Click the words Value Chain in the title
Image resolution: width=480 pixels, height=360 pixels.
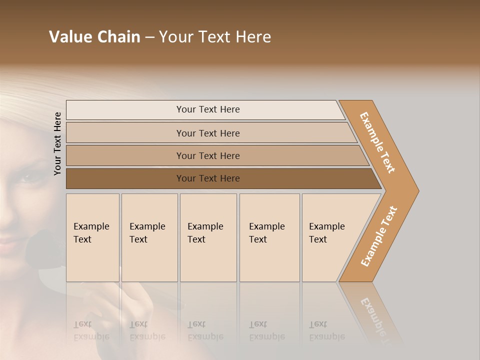point(94,37)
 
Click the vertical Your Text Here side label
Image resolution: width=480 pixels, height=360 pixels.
point(57,143)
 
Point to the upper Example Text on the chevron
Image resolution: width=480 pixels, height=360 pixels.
point(377,142)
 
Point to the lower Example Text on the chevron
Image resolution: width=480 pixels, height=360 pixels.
point(379,236)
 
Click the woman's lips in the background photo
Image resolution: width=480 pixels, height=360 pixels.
point(10,243)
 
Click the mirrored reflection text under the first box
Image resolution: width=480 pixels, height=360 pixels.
point(91,330)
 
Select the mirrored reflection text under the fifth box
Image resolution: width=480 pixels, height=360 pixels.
point(326,330)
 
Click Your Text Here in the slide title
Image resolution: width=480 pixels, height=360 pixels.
point(215,37)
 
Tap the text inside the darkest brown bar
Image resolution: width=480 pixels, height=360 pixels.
point(208,178)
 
